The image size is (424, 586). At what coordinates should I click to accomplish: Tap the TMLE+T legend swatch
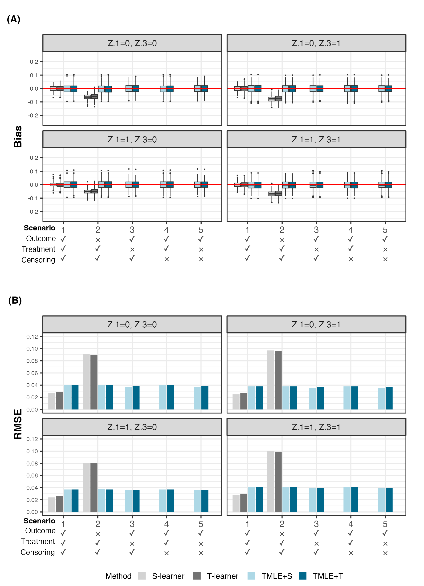(x=302, y=576)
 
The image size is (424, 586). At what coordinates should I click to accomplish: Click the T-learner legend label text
(x=222, y=576)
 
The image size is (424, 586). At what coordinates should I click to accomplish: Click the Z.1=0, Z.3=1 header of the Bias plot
(x=316, y=43)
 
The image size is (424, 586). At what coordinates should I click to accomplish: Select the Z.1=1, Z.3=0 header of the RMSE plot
(x=132, y=427)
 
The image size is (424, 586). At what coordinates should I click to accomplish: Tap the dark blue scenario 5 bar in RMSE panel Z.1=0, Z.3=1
(x=389, y=398)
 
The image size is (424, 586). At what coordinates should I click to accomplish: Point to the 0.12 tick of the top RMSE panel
(x=32, y=336)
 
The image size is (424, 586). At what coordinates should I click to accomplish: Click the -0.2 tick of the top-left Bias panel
(x=33, y=115)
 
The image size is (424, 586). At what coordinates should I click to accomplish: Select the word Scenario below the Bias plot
(x=40, y=228)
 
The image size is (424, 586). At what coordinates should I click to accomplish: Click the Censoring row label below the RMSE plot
(x=38, y=552)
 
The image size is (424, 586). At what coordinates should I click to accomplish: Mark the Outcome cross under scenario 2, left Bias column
(x=98, y=240)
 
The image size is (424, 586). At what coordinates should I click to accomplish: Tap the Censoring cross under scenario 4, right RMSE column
(x=351, y=553)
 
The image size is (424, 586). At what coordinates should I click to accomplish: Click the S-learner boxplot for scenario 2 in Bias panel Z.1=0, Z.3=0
(x=87, y=97)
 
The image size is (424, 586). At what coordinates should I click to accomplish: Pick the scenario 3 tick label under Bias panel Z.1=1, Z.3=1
(x=316, y=230)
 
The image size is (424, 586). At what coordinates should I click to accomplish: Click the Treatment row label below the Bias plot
(x=38, y=249)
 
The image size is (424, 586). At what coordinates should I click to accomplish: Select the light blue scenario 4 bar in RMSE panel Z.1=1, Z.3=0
(x=163, y=501)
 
